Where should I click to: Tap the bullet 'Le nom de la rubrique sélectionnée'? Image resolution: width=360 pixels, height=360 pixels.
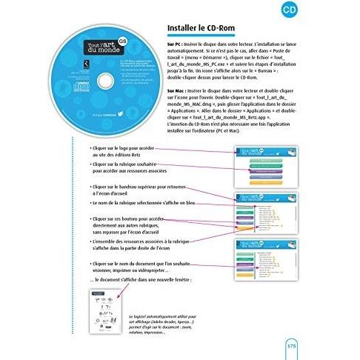(137, 201)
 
